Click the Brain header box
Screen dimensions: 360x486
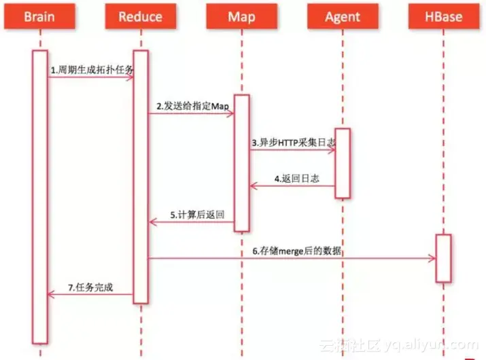39,16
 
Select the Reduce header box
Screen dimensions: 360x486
140,16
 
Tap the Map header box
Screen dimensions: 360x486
241,16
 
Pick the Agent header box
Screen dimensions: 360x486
342,16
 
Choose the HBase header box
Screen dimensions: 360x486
443,16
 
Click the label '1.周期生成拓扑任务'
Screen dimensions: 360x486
92,70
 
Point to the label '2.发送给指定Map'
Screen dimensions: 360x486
192,106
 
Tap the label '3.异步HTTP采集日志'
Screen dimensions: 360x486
293,143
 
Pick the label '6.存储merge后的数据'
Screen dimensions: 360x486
296,251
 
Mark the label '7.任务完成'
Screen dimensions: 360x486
91,287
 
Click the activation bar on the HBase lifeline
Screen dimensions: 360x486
443,258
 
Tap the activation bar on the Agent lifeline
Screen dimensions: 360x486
343,163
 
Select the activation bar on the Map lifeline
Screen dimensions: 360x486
242,163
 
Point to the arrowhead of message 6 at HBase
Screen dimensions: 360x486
432,258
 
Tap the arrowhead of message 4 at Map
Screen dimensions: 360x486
254,185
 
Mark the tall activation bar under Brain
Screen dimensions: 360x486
39,197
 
